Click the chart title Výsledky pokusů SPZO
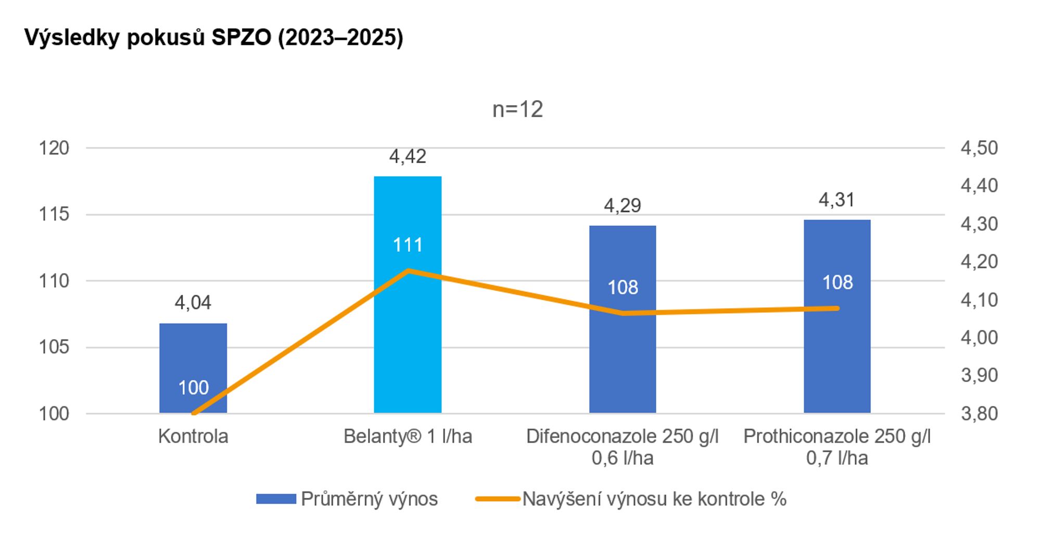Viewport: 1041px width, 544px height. [213, 38]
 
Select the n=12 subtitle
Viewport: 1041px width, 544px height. [517, 109]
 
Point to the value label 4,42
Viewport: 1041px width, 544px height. [408, 156]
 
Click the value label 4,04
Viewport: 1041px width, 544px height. [193, 302]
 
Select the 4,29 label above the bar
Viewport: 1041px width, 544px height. [623, 205]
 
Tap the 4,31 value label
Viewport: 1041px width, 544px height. [837, 200]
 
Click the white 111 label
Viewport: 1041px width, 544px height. [408, 245]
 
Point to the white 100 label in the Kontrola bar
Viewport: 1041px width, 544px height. [193, 388]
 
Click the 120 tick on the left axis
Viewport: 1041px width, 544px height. [54, 148]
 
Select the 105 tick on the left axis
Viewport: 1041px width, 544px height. [54, 347]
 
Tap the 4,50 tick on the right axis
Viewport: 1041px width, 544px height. [979, 148]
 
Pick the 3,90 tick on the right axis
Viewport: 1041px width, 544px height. [979, 375]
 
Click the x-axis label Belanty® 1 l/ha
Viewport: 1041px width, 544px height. [408, 436]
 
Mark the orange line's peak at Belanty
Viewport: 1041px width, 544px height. [408, 270]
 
